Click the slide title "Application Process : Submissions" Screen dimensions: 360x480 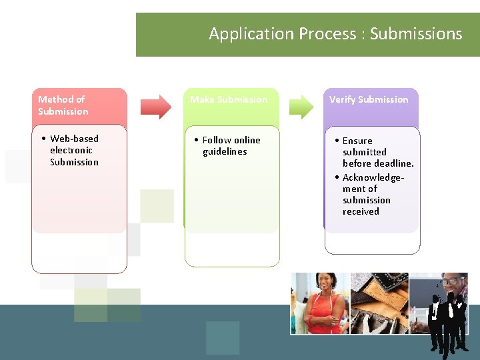[x=335, y=33]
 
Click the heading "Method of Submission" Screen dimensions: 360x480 [x=63, y=105]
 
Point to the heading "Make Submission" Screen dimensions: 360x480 [x=229, y=99]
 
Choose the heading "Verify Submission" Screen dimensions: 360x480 [x=369, y=99]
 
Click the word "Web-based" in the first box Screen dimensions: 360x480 [x=74, y=139]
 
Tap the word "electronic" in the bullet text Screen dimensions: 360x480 [x=71, y=150]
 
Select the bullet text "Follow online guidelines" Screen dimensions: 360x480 [x=227, y=145]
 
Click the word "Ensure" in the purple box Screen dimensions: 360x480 [x=357, y=141]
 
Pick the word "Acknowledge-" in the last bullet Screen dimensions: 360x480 [x=373, y=177]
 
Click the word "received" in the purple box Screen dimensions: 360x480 [x=361, y=211]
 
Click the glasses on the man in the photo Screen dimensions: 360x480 [x=453, y=282]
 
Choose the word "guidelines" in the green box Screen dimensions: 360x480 [x=225, y=151]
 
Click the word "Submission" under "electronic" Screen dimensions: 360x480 [x=74, y=162]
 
